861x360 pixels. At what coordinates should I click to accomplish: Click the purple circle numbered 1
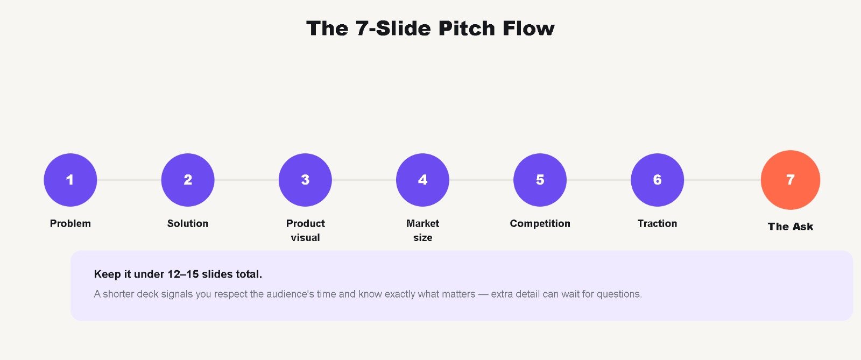click(70, 180)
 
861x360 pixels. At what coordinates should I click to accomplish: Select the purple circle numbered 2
click(188, 180)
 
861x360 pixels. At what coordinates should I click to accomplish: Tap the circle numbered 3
click(305, 180)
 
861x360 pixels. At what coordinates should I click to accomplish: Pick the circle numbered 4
click(422, 180)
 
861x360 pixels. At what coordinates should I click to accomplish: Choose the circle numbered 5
click(540, 180)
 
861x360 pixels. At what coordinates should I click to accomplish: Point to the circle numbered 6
click(657, 180)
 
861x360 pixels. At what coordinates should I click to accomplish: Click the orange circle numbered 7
click(791, 180)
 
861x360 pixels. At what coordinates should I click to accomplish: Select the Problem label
click(70, 224)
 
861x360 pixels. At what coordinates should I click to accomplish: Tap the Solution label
click(188, 224)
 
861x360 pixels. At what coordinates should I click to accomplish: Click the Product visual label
click(305, 230)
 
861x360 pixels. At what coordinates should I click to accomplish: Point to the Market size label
click(422, 230)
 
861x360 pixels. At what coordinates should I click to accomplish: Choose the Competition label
click(540, 224)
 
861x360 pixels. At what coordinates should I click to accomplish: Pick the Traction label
click(657, 224)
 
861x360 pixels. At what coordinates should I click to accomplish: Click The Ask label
click(791, 227)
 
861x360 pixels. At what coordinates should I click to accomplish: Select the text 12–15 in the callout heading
click(183, 274)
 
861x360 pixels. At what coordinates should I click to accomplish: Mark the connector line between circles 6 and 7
click(723, 180)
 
